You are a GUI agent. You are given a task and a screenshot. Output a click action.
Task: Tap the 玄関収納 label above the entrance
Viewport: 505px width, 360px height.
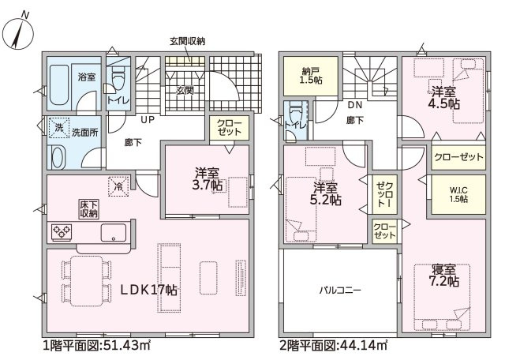click(187, 41)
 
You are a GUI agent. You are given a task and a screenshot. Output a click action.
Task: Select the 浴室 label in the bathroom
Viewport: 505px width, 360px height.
click(87, 77)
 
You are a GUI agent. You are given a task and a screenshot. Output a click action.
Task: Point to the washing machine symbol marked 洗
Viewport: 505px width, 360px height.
click(58, 128)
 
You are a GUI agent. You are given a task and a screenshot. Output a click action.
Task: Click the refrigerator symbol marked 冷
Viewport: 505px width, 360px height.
click(119, 186)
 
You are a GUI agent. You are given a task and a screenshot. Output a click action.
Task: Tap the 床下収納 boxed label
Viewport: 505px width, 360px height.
click(89, 209)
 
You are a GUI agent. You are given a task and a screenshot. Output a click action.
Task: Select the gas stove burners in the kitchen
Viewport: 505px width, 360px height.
click(62, 232)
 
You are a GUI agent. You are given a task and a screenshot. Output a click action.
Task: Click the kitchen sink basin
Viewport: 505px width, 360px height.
click(114, 232)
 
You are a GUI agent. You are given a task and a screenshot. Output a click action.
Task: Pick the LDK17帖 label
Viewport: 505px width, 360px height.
click(149, 290)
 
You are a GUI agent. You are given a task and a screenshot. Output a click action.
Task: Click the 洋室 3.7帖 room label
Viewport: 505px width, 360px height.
click(208, 179)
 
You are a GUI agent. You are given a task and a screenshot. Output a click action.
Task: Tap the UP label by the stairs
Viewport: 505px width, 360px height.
click(148, 120)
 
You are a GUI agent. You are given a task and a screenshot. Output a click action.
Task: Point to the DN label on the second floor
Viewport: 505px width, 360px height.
click(355, 105)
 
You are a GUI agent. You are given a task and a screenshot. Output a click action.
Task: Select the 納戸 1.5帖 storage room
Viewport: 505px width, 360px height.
click(311, 76)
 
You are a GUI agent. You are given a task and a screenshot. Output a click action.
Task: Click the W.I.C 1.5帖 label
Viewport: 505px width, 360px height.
click(458, 195)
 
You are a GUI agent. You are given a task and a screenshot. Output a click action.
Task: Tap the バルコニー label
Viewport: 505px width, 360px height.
click(340, 291)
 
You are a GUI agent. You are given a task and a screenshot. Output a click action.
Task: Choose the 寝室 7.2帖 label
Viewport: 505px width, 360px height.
click(443, 276)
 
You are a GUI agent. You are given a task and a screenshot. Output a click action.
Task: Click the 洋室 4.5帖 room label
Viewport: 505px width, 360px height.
click(443, 98)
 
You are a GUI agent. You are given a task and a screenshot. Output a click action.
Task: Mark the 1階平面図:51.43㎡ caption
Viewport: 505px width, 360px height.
click(96, 346)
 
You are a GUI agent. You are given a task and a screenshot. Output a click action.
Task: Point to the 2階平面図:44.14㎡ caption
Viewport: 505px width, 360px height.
click(333, 346)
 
